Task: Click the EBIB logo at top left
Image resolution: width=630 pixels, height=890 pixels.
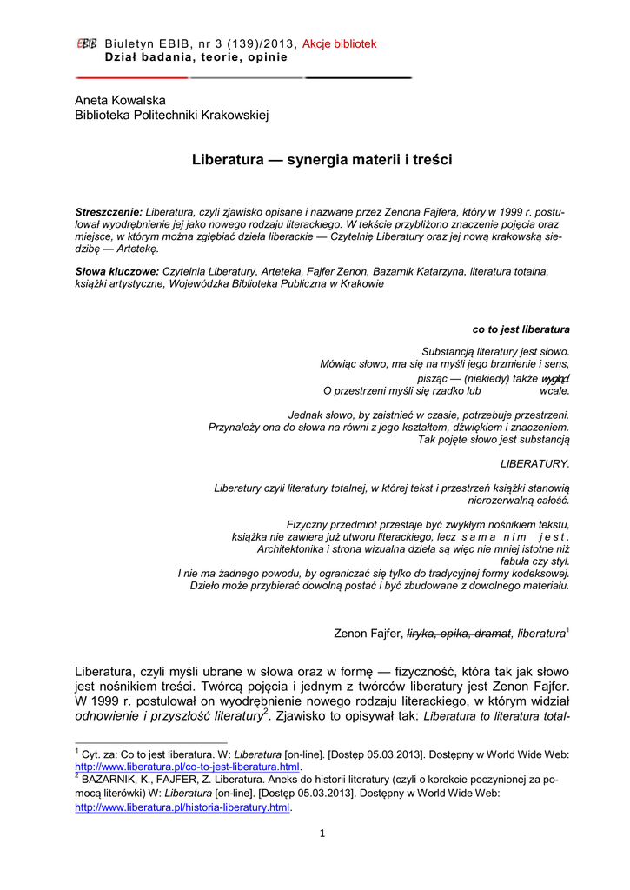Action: [86, 43]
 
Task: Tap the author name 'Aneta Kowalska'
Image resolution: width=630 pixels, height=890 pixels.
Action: [120, 100]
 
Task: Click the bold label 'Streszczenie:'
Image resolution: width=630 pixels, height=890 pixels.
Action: [109, 212]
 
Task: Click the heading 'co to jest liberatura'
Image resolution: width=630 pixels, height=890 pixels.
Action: [521, 329]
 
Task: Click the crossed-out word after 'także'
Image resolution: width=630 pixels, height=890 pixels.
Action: [555, 379]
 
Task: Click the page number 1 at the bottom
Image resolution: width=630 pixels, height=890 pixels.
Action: [322, 834]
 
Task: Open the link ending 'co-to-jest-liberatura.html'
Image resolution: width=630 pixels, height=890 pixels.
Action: [188, 767]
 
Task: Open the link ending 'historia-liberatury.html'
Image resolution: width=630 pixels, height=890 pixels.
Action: [182, 807]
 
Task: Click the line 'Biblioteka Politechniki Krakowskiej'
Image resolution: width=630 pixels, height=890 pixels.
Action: [172, 115]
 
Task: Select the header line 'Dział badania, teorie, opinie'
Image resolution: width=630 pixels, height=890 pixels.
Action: [196, 57]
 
